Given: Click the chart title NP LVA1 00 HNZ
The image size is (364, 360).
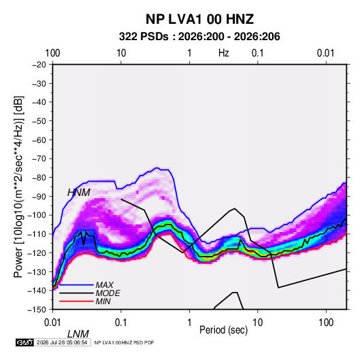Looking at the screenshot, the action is click(199, 19).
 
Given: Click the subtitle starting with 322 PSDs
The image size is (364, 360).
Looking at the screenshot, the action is click(199, 37).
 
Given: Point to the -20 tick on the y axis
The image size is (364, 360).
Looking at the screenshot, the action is click(39, 65).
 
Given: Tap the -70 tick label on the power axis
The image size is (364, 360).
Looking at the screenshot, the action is click(39, 159).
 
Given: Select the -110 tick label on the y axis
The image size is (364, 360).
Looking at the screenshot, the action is click(37, 234).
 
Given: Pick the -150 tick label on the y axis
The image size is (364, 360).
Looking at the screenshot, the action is click(37, 310).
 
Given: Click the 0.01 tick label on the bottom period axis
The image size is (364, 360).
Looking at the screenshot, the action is click(52, 323).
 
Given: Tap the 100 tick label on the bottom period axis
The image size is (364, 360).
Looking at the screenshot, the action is click(326, 323).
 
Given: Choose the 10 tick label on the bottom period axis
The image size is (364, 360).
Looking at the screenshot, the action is click(258, 323).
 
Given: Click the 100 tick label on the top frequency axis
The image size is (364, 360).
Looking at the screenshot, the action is click(52, 53).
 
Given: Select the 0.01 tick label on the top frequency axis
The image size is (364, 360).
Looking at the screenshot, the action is click(326, 53).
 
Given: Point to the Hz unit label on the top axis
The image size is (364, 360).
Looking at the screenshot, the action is click(224, 53).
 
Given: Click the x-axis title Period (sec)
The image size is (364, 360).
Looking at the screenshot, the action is click(224, 330).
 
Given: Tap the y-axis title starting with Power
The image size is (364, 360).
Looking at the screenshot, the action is click(18, 186).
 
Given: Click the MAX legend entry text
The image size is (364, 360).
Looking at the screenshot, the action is click(105, 285).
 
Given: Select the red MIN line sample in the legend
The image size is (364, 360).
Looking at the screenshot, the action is click(76, 301).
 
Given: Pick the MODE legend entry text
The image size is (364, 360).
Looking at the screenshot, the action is click(107, 293).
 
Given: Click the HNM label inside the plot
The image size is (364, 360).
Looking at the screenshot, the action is click(79, 193).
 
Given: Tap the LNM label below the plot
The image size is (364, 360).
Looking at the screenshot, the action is click(78, 334).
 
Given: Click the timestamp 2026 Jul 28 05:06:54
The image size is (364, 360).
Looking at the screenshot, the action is click(62, 342).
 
